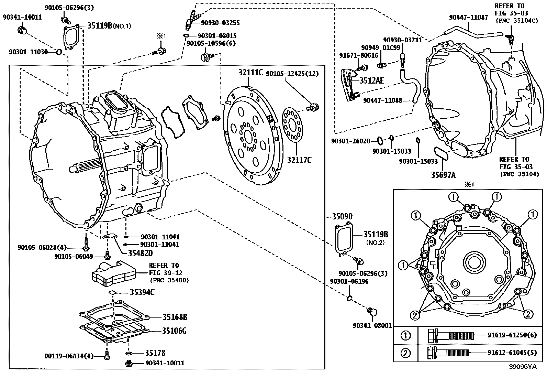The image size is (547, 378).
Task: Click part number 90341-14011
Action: pyautogui.click(x=22, y=17)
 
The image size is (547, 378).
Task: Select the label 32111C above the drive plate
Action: pyautogui.click(x=250, y=73)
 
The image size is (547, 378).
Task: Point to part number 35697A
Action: pyautogui.click(x=443, y=175)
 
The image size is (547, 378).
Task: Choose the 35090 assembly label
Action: pyautogui.click(x=342, y=217)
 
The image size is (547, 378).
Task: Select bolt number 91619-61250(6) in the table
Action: pyautogui.click(x=512, y=335)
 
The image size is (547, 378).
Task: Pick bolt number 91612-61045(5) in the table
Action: pyautogui.click(x=512, y=353)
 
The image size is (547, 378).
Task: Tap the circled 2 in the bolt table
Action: pyautogui.click(x=406, y=353)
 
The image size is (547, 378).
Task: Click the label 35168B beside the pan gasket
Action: pyautogui.click(x=175, y=317)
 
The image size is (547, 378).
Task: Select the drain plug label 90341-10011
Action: pyautogui.click(x=165, y=363)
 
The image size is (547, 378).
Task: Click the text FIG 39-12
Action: pyautogui.click(x=166, y=273)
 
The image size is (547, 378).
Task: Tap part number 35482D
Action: pyautogui.click(x=136, y=253)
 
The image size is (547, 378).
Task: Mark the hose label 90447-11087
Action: pyautogui.click(x=468, y=17)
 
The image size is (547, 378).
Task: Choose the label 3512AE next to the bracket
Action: pyautogui.click(x=372, y=80)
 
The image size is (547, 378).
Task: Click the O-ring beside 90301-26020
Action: pyautogui.click(x=380, y=140)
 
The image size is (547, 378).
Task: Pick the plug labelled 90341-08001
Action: pyautogui.click(x=372, y=312)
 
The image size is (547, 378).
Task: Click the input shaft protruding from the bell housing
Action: pyautogui.click(x=84, y=167)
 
